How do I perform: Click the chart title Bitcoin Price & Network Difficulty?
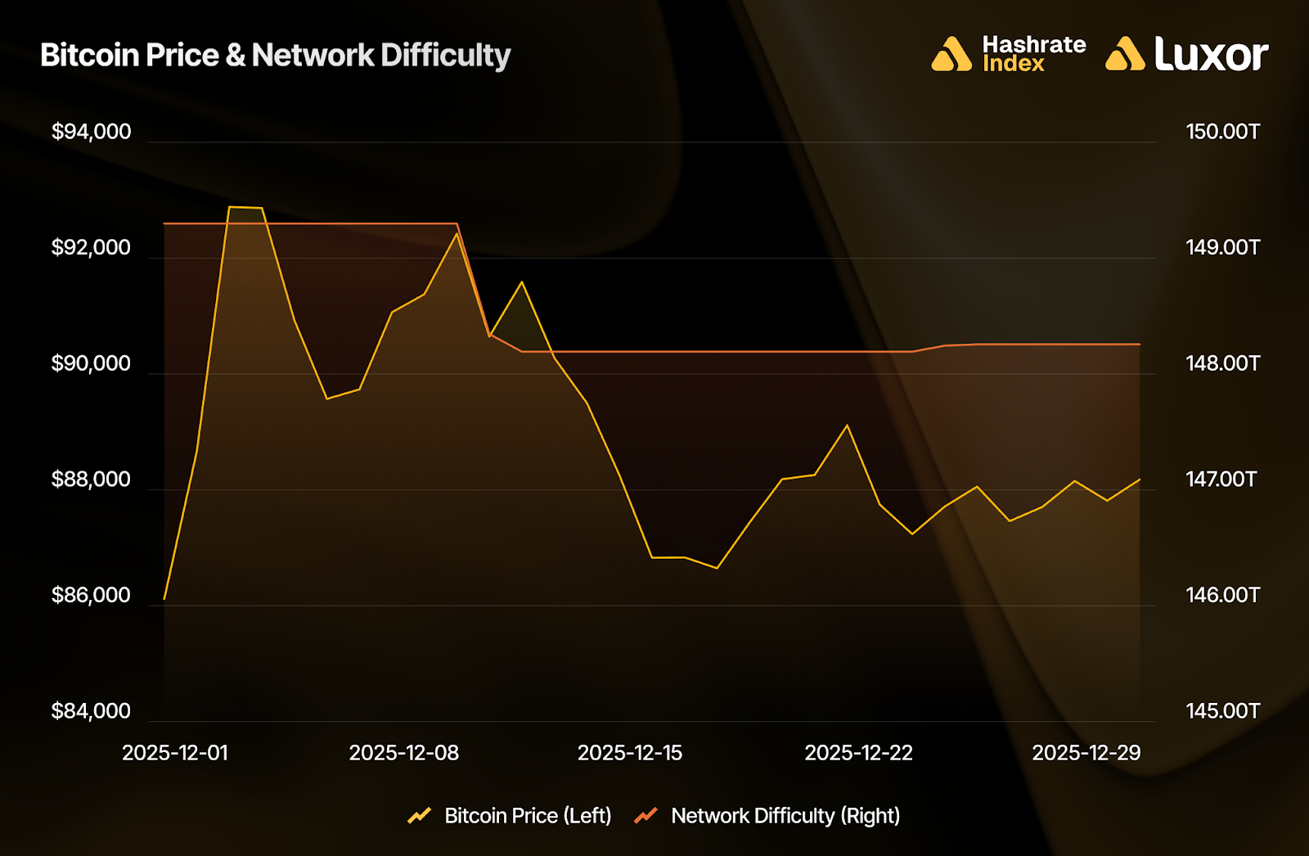[x=275, y=55]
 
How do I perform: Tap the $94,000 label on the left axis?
[x=91, y=132]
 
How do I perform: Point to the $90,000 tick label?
[x=91, y=363]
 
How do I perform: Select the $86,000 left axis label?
[x=91, y=595]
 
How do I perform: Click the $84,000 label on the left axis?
[x=91, y=710]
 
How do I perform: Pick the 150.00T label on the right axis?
[x=1222, y=132]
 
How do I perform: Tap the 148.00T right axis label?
[x=1222, y=363]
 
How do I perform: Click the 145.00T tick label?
[x=1222, y=710]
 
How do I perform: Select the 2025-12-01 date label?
[x=175, y=753]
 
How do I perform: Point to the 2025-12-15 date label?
[x=630, y=753]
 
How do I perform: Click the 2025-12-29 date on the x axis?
[x=1086, y=753]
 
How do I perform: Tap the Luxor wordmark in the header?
[x=1211, y=54]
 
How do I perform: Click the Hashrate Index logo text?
[x=1033, y=54]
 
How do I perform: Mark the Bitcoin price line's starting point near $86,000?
[x=164, y=599]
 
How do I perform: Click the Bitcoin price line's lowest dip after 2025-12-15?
[x=717, y=568]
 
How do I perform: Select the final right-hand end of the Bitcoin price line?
[x=1140, y=480]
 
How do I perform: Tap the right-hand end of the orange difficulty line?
[x=1140, y=345]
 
